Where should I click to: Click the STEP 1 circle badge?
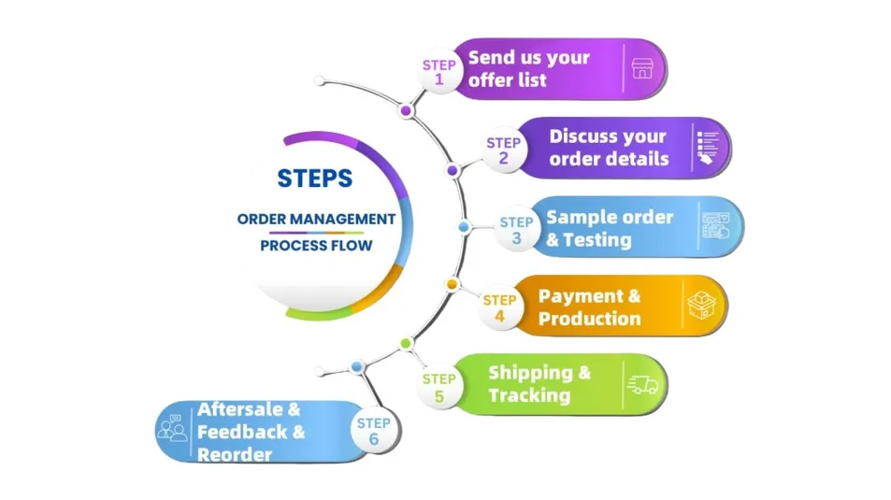tap(438, 72)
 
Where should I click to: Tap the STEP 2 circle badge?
tap(503, 150)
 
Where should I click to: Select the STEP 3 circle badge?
tap(516, 230)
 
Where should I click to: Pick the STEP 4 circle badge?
tap(499, 308)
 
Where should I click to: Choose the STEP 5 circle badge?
tap(438, 387)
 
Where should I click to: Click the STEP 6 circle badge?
tap(373, 431)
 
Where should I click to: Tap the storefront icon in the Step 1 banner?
tap(642, 68)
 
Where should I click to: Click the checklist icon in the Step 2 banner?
tap(709, 148)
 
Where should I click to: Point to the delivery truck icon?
tap(642, 384)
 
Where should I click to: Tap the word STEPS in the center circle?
tap(315, 178)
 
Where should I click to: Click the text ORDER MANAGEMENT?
tap(316, 219)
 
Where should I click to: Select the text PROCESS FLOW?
tap(316, 246)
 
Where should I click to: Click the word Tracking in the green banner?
tap(528, 395)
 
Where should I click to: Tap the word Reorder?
tap(235, 454)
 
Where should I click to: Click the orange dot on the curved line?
tap(452, 283)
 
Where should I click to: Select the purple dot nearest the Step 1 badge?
tap(406, 110)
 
